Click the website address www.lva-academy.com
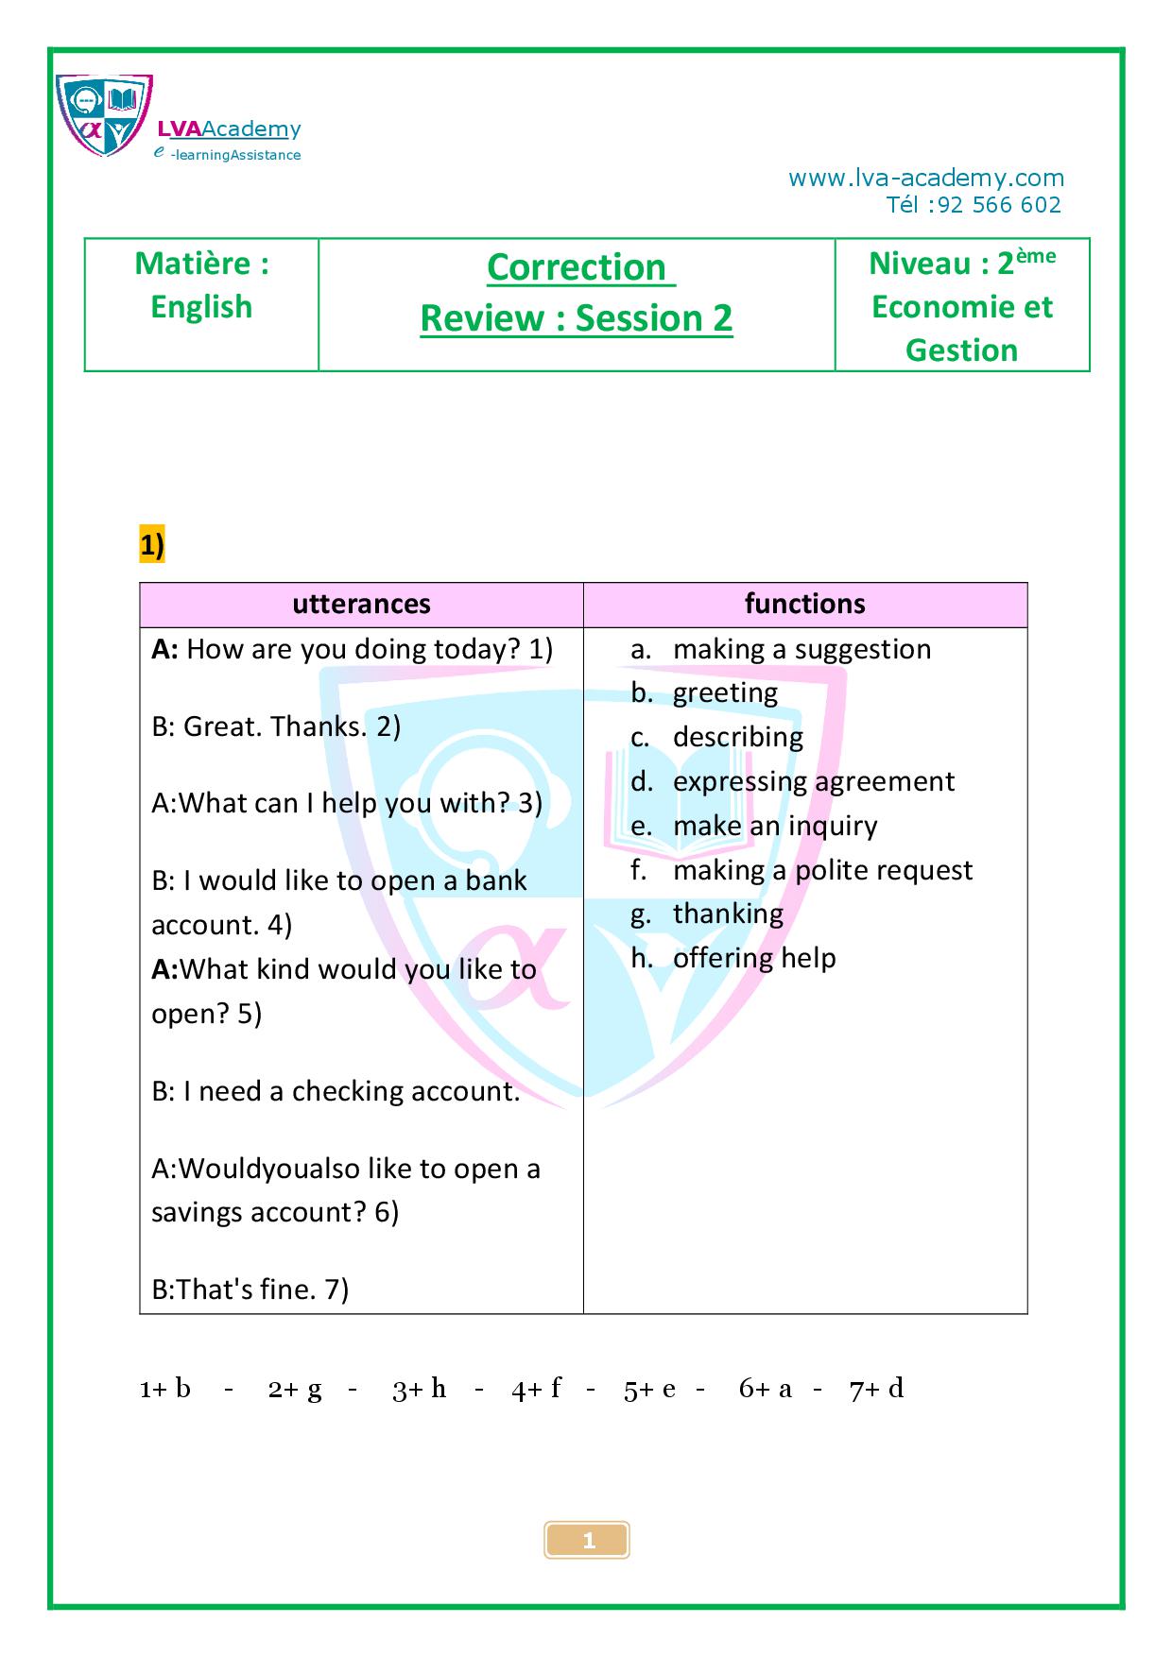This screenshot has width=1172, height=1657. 925,179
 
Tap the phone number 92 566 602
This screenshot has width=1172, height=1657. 999,205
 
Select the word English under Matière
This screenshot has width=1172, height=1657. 201,307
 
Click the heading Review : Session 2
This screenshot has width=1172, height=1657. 577,318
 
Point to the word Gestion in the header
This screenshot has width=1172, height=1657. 961,350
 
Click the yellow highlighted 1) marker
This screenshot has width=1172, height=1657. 152,546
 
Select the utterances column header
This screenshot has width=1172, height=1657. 361,605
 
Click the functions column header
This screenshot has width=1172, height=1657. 804,605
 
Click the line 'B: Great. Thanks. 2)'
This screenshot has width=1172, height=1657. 276,726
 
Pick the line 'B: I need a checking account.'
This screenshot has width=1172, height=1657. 336,1091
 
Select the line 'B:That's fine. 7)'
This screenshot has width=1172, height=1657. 250,1290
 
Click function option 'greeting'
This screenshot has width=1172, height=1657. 725,693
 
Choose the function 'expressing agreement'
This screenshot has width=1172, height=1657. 813,781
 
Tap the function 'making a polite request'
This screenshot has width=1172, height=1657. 822,870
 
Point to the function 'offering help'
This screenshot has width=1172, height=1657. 754,959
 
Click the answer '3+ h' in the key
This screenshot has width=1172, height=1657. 419,1389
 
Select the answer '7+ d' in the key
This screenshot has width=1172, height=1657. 876,1389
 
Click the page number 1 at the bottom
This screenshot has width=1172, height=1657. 588,1541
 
